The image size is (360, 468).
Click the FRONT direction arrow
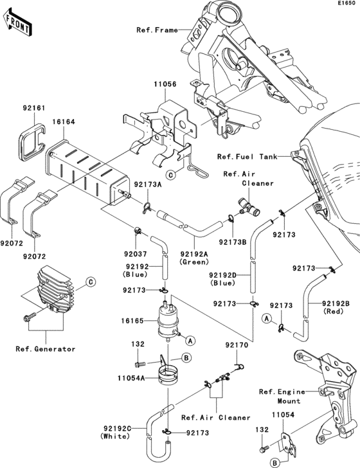[17, 22]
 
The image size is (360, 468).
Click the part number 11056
[165, 84]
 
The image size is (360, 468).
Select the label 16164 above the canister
[64, 122]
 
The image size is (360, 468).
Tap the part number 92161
[34, 108]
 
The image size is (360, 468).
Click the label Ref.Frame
[157, 30]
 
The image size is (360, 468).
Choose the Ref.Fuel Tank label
[247, 157]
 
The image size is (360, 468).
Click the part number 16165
[132, 321]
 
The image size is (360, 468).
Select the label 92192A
[194, 254]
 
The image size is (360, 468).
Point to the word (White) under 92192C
[116, 436]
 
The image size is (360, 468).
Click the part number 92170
[237, 345]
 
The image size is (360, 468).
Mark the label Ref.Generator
[46, 349]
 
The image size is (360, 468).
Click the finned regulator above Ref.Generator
[56, 289]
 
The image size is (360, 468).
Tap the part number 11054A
[131, 378]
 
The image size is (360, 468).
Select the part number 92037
[136, 254]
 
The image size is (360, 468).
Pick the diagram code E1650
[346, 3]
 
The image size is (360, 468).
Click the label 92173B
[233, 242]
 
